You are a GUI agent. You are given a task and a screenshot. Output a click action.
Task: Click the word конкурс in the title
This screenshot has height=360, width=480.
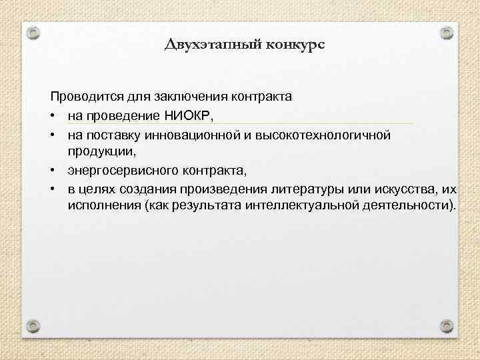pyautogui.click(x=293, y=45)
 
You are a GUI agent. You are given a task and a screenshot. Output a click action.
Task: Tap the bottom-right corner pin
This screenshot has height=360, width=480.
pyautogui.click(x=447, y=325)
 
